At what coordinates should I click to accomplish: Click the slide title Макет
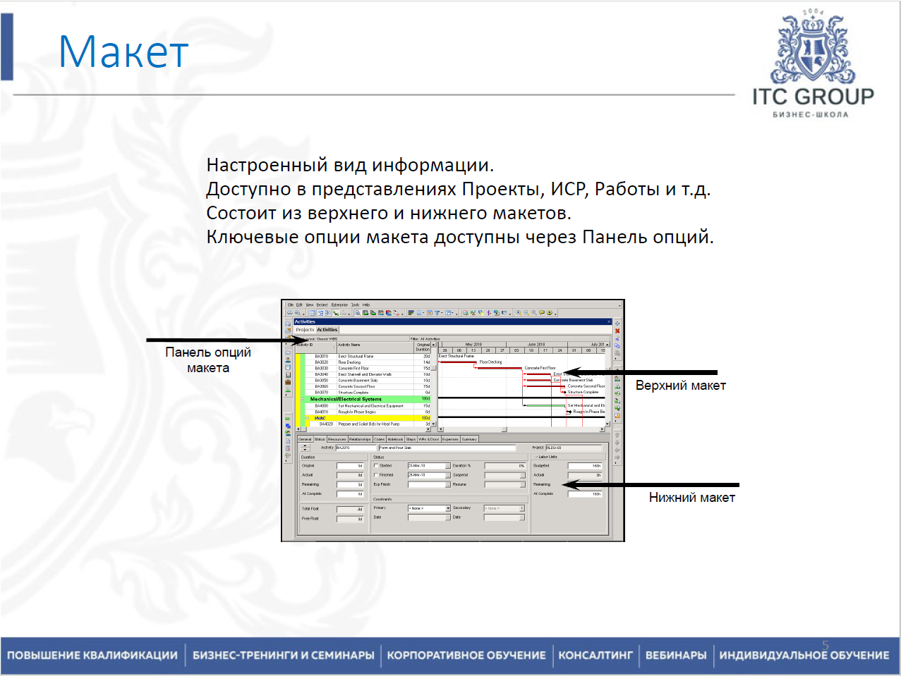[123, 51]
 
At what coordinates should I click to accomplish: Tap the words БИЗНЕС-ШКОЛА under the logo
[811, 115]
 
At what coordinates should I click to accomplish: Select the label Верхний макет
[680, 386]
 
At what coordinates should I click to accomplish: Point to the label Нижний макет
[691, 498]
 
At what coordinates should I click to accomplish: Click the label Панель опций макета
[207, 359]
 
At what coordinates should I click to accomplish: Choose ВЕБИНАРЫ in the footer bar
[675, 655]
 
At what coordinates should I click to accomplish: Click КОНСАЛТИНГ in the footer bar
[595, 655]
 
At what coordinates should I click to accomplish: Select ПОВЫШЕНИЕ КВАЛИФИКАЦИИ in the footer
[92, 655]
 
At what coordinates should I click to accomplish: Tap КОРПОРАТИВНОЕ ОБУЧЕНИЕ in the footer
[466, 655]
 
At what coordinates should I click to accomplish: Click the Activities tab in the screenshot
[327, 330]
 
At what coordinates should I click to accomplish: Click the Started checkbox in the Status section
[376, 466]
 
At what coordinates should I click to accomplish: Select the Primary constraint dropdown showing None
[428, 508]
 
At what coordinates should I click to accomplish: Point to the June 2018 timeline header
[536, 345]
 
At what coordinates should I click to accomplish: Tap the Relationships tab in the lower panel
[359, 439]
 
